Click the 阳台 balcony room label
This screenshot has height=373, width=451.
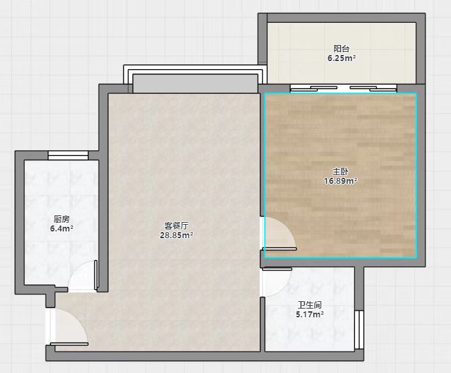click(x=342, y=48)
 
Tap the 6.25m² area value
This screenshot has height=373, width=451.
click(x=342, y=58)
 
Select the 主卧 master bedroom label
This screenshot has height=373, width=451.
click(x=341, y=172)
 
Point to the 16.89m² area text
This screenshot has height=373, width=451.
click(x=341, y=181)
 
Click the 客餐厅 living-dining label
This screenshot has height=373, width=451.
click(x=177, y=225)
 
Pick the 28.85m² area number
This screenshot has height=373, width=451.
click(x=177, y=235)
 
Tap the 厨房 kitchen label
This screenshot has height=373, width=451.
click(x=62, y=219)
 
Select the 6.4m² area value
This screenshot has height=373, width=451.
click(x=62, y=229)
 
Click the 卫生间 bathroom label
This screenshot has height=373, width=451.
click(x=309, y=305)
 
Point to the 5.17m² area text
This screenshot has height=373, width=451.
click(x=310, y=315)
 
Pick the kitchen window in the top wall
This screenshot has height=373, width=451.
click(x=68, y=155)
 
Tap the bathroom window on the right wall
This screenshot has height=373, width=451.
click(x=359, y=330)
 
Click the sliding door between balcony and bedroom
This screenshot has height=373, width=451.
click(x=344, y=89)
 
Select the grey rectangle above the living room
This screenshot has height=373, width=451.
click(x=195, y=83)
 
